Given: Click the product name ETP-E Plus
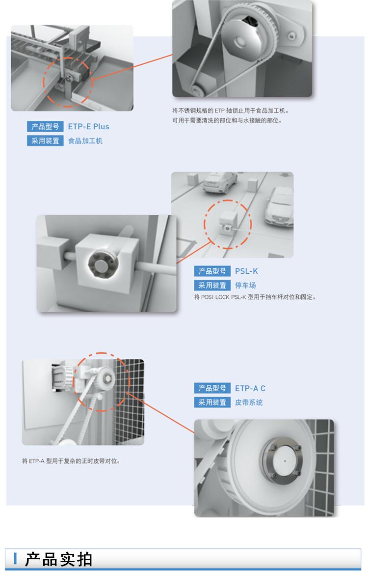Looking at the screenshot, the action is coord(89,126).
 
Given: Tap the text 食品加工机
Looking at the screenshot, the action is coord(85,141).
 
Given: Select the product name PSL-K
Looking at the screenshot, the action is coord(246,271).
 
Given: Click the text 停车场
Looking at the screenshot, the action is coord(245,286).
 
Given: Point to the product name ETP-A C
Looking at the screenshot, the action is coord(250,388).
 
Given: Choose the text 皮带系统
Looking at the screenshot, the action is coord(249,402).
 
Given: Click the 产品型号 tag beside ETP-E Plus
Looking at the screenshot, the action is coord(45,126).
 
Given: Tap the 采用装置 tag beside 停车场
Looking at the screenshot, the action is coord(212,286).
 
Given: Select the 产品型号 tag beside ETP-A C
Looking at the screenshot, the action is coord(212,388).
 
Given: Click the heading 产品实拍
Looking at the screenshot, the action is coord(58,559).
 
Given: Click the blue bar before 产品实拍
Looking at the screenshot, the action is coord(15,558).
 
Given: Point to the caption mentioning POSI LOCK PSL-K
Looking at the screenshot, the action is coord(255,297).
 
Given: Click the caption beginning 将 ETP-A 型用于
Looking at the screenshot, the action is coord(71,461).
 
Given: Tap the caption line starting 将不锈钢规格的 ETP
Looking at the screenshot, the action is coord(231,111).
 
